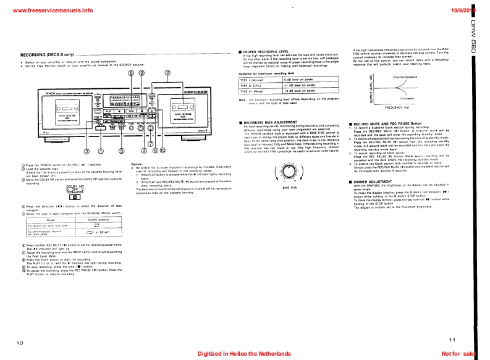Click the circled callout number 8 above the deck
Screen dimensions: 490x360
[130, 72]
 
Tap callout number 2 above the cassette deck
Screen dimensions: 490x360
[167, 72]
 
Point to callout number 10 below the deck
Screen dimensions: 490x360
[163, 150]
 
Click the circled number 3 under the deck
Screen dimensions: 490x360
[87, 150]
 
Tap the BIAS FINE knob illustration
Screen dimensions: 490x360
[287, 172]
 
